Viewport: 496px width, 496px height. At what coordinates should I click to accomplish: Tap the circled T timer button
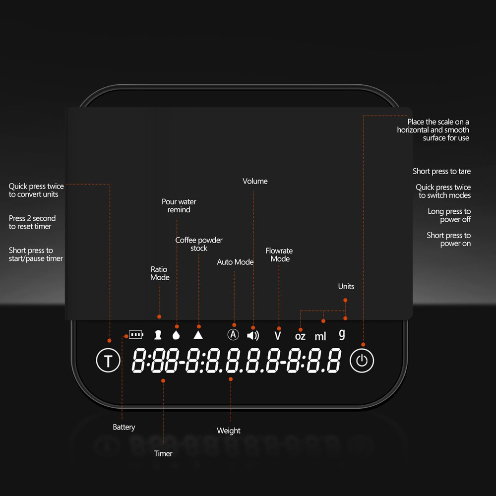tap(108, 360)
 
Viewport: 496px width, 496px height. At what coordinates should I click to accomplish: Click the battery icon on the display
tap(136, 334)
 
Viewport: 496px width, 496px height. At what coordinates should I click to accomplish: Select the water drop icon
tap(176, 335)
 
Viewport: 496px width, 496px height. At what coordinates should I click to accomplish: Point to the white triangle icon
tap(198, 335)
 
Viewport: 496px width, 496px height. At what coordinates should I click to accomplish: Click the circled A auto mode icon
tap(233, 334)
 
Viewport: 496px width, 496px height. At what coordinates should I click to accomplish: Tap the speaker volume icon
tap(253, 335)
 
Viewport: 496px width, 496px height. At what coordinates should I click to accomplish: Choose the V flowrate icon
tap(278, 335)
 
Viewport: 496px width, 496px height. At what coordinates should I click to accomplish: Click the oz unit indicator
tap(300, 336)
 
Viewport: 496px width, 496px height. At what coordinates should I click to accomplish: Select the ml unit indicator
tap(320, 336)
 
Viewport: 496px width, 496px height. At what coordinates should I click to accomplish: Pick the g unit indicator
tap(342, 334)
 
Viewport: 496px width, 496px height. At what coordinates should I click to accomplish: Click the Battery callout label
tap(124, 428)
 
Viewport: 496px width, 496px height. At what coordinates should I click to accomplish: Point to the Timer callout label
tap(163, 453)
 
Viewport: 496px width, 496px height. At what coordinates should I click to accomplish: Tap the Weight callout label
tap(228, 431)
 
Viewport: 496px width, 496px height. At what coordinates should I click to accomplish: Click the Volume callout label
tap(255, 181)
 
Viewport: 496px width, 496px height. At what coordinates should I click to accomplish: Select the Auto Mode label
tap(235, 262)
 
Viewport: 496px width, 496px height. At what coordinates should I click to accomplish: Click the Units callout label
tap(346, 286)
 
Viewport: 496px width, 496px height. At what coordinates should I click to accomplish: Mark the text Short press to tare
tap(441, 171)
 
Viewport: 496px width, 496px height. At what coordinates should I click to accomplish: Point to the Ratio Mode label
tap(160, 273)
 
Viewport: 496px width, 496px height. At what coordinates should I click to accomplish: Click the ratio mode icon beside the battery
tap(158, 335)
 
